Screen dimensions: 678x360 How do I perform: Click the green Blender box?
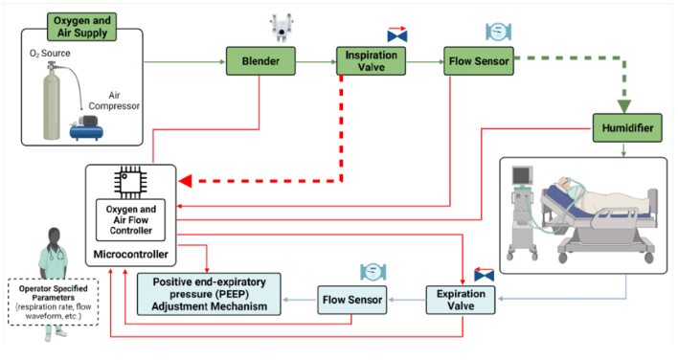260,61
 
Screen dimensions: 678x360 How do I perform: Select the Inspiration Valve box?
371,61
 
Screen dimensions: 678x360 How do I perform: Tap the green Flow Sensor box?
479,61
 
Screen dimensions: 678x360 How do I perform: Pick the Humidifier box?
627,128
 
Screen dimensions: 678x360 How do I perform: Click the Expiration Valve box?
461,300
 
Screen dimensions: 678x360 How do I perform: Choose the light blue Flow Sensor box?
352,300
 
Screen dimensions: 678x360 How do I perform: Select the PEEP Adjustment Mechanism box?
209,294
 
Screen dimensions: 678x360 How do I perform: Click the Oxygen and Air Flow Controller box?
130,220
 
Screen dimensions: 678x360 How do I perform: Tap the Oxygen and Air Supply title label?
81,27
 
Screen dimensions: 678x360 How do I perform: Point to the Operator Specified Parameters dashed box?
54,303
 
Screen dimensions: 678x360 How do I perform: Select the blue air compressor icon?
87,128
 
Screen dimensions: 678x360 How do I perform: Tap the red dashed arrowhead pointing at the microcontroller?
186,181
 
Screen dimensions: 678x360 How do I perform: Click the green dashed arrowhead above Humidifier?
624,106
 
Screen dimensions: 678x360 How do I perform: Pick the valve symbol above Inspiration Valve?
397,34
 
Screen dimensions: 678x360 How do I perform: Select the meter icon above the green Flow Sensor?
499,32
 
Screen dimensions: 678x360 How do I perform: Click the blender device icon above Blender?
282,28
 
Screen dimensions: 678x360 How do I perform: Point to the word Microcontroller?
130,254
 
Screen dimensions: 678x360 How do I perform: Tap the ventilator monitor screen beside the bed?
522,176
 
